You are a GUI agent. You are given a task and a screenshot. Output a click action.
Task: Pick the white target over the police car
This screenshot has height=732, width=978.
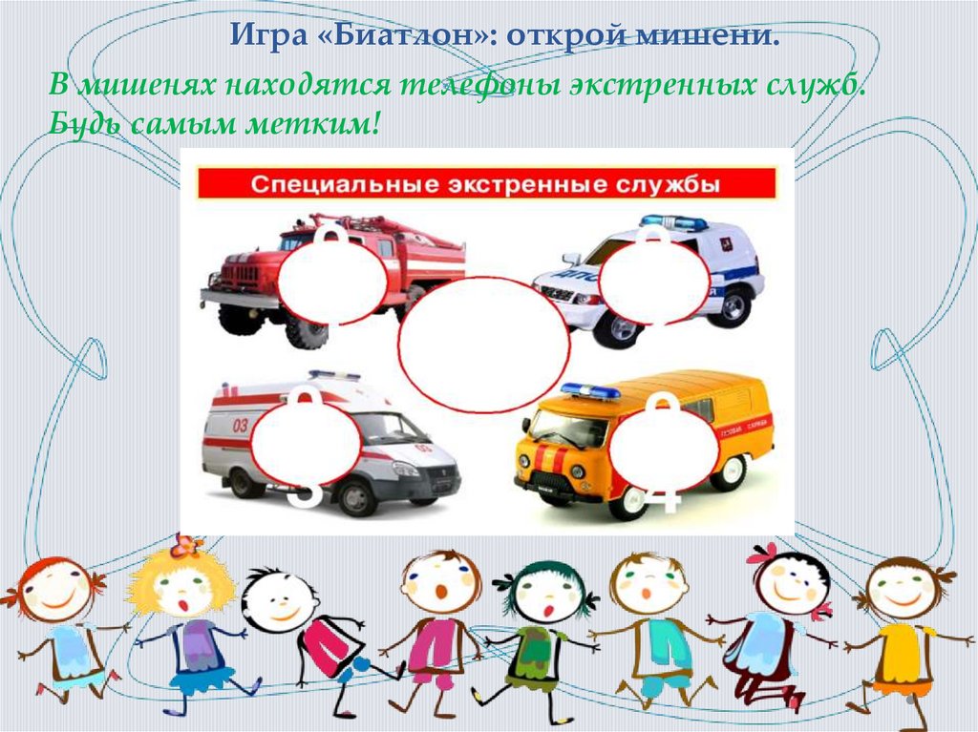(x=654, y=278)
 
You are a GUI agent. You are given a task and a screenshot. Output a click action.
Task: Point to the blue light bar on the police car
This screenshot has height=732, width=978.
(x=673, y=221)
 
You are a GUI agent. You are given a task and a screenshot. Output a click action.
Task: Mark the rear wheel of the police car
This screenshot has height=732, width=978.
(x=733, y=306)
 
